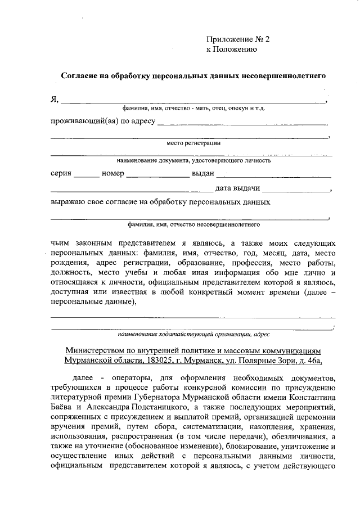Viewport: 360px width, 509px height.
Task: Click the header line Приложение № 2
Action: click(x=238, y=39)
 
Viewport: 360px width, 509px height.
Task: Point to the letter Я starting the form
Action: click(x=55, y=100)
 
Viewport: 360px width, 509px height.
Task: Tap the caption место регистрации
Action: click(x=193, y=143)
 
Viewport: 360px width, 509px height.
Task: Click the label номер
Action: click(x=112, y=173)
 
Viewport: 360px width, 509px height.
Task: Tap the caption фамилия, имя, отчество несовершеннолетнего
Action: click(x=193, y=224)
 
